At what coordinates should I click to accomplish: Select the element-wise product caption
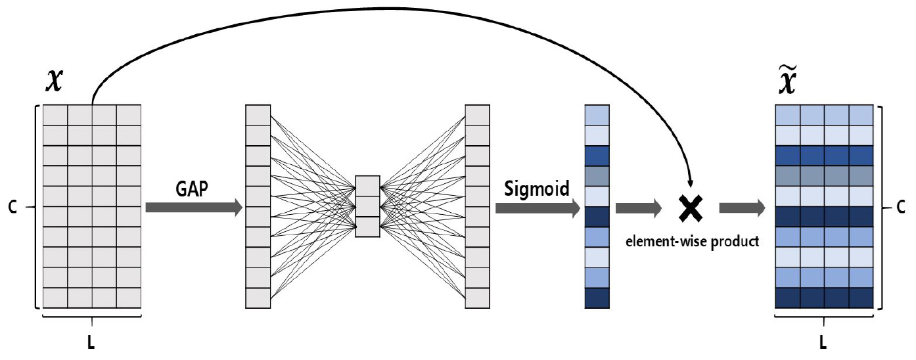[x=692, y=240]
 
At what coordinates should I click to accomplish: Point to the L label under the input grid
[x=91, y=344]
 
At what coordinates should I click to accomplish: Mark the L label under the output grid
[x=823, y=344]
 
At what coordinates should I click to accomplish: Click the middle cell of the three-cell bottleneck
[x=367, y=206]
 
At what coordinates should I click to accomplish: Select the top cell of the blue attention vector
[x=597, y=115]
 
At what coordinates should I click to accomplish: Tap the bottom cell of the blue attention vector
[x=597, y=298]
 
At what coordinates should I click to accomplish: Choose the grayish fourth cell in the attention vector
[x=597, y=176]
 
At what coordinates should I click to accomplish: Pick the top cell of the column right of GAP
[x=258, y=115]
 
